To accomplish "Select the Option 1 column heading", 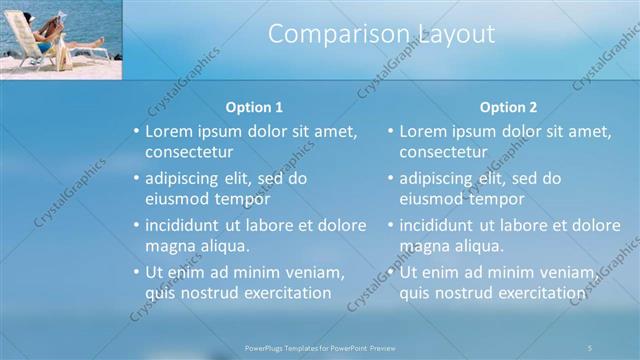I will tap(254, 107).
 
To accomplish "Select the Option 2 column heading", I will tap(508, 107).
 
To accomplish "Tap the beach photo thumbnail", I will tap(61, 39).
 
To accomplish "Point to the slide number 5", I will tap(590, 347).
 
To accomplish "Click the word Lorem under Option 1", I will tap(169, 131).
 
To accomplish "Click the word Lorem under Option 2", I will tap(423, 131).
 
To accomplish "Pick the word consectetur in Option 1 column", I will tap(189, 152).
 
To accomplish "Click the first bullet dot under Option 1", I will tap(137, 132).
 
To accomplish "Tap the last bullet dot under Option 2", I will tap(391, 273).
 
